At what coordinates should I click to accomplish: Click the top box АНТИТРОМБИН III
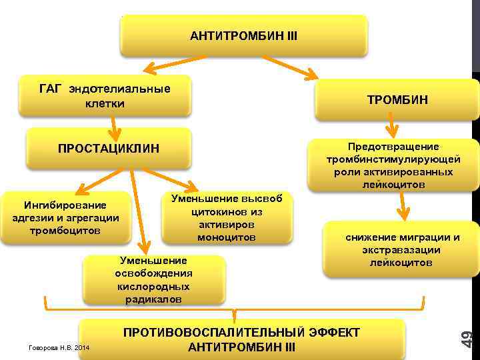point(243,35)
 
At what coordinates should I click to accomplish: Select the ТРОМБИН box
point(397,100)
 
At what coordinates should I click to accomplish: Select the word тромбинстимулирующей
point(393,159)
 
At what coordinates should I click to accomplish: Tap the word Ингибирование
point(65,204)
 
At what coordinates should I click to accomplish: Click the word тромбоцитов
point(65,231)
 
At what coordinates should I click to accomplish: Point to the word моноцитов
point(227,237)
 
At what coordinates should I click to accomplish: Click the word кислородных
point(153,286)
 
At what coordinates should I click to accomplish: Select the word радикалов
point(153,299)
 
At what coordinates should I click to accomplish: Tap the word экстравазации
point(401,250)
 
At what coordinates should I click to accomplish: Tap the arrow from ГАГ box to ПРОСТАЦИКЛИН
point(115,128)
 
